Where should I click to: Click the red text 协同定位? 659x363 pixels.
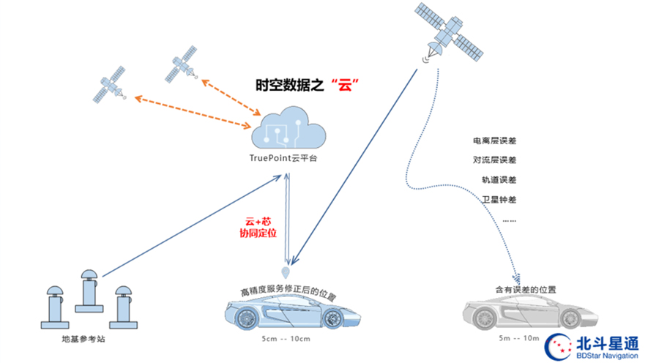[x=260, y=233]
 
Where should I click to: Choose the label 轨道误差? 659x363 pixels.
[x=499, y=179]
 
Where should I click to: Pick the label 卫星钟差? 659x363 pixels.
[x=499, y=199]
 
